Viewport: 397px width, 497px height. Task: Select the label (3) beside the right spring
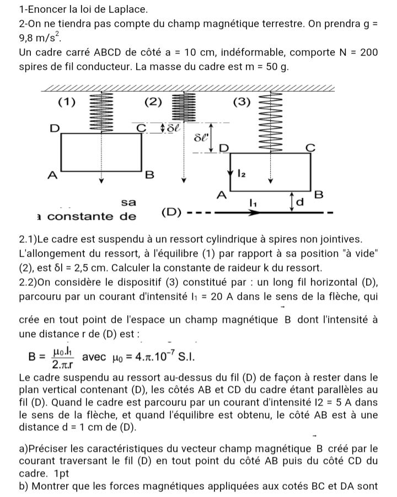(x=242, y=102)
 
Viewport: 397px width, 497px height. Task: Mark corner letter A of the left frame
(x=52, y=176)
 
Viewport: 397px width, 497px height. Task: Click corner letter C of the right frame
(x=310, y=147)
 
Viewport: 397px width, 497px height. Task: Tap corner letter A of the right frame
(x=221, y=195)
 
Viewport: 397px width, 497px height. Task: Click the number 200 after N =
(x=368, y=53)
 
